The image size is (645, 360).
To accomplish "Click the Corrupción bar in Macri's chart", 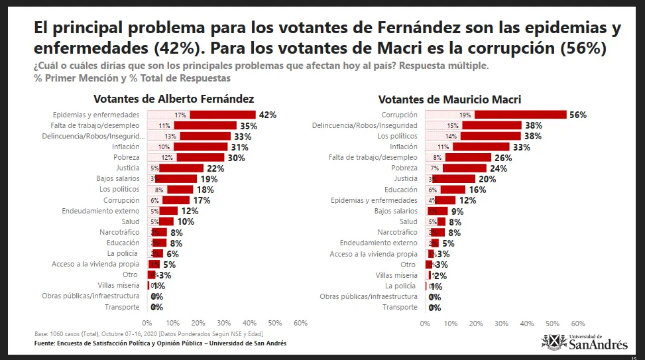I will coord(496,115).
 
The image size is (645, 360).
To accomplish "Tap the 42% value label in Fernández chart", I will coord(268,115).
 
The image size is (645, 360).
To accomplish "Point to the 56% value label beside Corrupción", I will coord(578,115).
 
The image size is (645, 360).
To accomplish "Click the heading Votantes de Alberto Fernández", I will coord(173,99).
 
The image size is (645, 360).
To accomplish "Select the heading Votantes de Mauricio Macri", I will coord(449,99).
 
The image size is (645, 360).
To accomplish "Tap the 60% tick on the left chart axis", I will coord(300,323).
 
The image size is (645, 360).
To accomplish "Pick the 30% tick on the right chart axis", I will coord(501,324).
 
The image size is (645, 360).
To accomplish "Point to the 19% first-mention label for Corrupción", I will coord(465,115).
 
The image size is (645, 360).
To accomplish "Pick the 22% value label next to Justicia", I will coord(215,168).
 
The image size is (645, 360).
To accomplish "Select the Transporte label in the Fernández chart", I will coord(122,307).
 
